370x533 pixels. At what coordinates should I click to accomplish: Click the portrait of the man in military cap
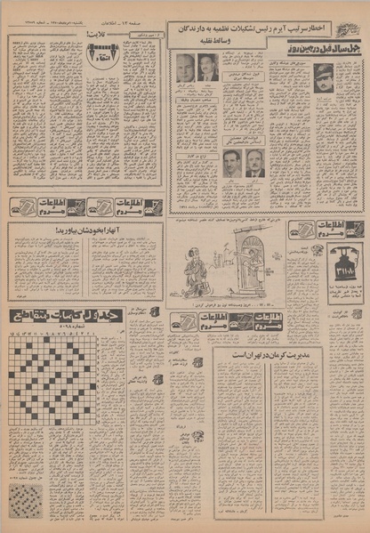(322, 74)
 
